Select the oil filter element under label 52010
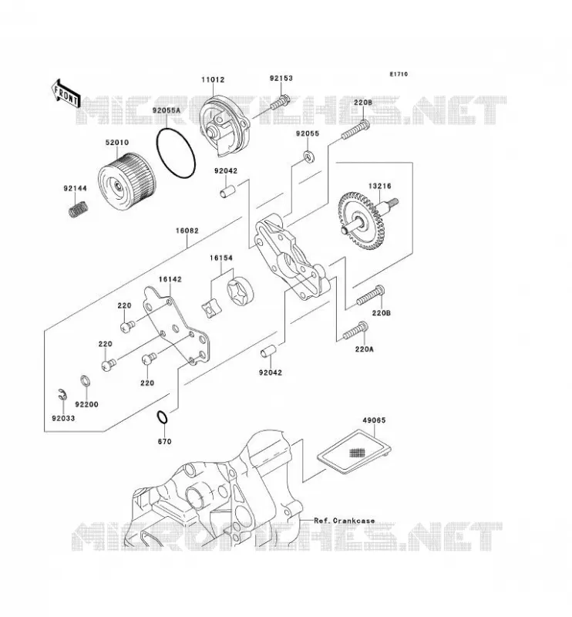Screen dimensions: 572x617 [127, 180]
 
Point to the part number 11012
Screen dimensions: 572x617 [213, 79]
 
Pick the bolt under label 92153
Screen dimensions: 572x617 [280, 103]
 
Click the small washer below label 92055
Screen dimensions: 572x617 [310, 157]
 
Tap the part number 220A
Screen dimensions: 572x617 [364, 349]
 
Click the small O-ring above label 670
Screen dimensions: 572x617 [162, 417]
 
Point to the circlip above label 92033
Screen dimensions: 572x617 [62, 395]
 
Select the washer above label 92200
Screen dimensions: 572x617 [85, 382]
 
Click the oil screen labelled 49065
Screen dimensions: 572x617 [355, 451]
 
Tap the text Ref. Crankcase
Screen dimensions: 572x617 [345, 521]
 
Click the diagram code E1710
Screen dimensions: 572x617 [399, 74]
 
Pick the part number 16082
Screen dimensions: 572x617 [187, 231]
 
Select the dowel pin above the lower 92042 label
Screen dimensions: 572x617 [269, 351]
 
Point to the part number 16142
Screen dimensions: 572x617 [170, 279]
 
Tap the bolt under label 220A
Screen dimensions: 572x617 [355, 331]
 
